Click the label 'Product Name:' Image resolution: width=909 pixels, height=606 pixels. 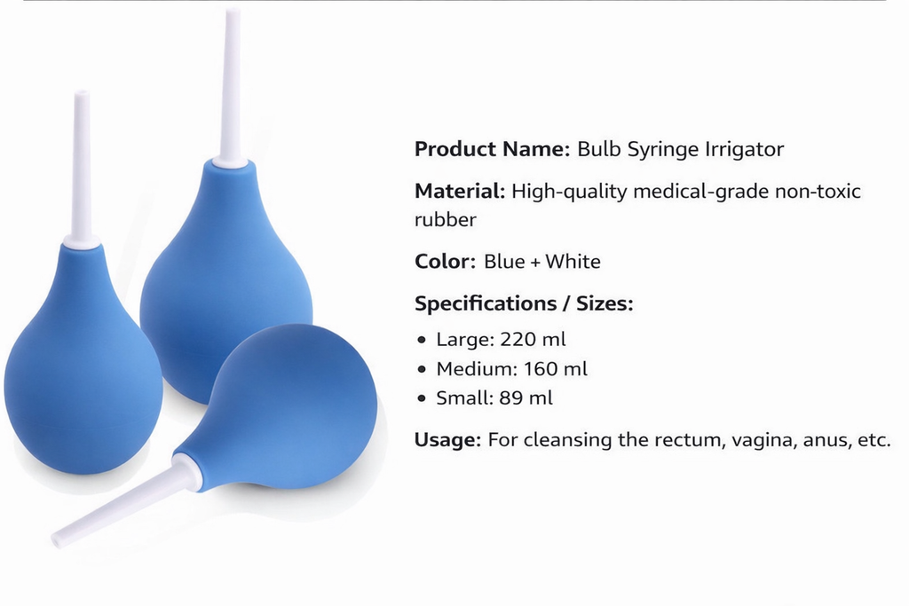coord(492,149)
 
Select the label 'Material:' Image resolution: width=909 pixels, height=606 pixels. coord(460,191)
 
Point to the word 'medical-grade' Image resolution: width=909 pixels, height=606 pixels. coord(705,191)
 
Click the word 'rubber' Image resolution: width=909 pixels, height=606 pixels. coord(445,219)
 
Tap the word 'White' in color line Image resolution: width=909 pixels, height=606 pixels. coord(573,262)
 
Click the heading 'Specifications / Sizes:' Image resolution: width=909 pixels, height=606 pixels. coord(524,303)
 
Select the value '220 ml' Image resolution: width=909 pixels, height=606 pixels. coord(533,339)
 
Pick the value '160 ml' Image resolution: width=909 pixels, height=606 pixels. coord(556,369)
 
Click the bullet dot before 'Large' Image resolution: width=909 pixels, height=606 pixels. coord(423,340)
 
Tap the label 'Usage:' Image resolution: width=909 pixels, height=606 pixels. coord(447,440)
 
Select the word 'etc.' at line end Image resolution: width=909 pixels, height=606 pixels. coord(874,440)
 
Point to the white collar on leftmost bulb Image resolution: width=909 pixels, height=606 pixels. coord(82,240)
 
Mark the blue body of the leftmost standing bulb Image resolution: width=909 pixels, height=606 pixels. coord(82,373)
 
